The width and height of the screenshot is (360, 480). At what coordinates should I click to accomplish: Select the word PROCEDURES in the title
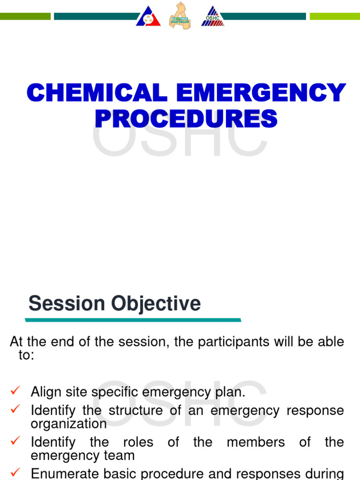coord(186,118)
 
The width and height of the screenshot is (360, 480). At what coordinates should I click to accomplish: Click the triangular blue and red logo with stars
coord(148,17)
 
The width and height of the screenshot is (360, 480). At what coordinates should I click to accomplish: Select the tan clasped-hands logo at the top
coord(180,16)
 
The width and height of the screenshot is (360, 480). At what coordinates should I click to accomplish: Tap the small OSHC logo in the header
coord(212,17)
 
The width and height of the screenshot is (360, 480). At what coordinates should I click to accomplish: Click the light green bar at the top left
coord(25,16)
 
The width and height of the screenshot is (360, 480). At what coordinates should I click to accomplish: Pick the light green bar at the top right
coord(335,16)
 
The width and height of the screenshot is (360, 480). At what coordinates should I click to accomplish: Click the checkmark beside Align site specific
coord(15,390)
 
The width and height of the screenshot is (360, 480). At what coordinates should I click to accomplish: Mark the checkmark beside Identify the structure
coord(15,409)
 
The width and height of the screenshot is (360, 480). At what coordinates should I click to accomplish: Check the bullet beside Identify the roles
coord(15,441)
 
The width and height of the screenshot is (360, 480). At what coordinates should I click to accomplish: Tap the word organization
coord(69,424)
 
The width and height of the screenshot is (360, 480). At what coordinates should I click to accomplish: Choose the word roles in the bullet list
coord(137,442)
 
